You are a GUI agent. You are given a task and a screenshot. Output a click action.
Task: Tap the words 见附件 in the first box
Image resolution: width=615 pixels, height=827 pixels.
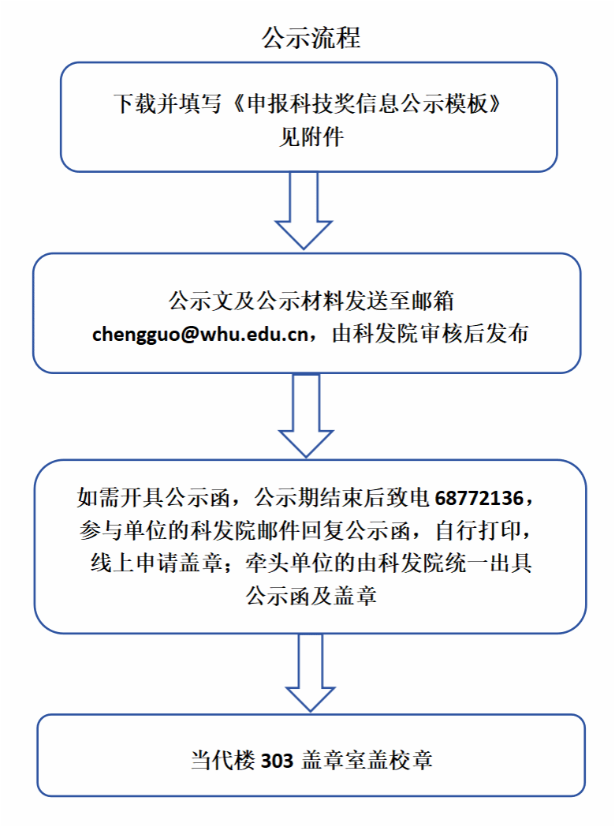(311, 137)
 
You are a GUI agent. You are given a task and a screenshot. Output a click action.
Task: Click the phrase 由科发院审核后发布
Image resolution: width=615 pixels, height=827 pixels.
(430, 334)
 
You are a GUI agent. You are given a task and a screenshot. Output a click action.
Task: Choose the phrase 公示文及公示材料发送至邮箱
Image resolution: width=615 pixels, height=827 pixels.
(311, 301)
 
